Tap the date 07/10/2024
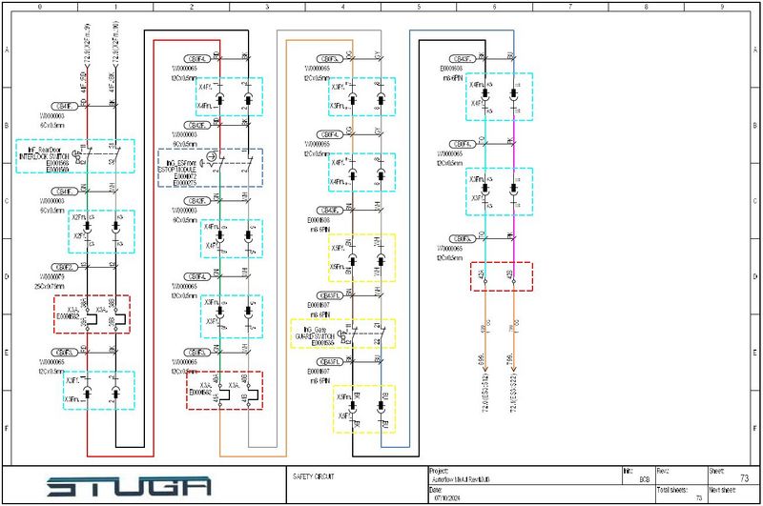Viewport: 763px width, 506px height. pos(449,496)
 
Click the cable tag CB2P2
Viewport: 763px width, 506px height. pos(64,267)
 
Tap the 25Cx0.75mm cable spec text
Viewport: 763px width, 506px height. pos(53,285)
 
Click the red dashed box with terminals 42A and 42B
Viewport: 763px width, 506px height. pos(501,276)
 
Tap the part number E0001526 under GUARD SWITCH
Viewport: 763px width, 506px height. pos(317,342)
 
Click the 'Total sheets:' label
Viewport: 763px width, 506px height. pos(672,489)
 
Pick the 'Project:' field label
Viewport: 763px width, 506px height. pos(439,469)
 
